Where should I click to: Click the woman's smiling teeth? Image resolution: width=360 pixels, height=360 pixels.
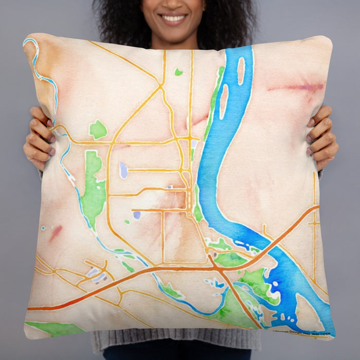tap(173, 18)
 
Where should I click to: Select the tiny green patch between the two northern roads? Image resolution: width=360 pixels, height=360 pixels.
tap(178, 72)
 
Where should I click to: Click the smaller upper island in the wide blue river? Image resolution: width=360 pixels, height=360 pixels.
tap(241, 70)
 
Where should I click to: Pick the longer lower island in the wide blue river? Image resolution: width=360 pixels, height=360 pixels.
tap(224, 101)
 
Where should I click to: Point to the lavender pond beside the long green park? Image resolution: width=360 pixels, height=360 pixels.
tap(123, 170)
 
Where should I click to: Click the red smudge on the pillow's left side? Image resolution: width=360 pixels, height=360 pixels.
tap(56, 232)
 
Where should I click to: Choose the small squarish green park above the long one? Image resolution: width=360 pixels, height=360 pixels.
tap(98, 130)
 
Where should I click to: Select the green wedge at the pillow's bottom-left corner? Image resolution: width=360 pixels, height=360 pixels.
tap(51, 328)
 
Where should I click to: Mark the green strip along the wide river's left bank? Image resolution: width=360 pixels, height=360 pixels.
tap(212, 108)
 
